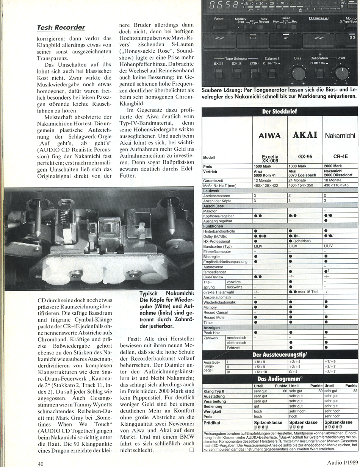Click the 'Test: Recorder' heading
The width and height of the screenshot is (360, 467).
click(61, 27)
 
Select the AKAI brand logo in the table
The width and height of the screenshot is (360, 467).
click(305, 135)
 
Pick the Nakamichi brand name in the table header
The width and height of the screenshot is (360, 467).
click(340, 136)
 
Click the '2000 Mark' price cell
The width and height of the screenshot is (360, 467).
click(333, 166)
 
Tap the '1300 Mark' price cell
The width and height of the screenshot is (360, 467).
click(297, 166)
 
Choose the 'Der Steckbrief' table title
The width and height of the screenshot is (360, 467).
click(280, 111)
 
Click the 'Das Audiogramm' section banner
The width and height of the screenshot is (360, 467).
click(279, 378)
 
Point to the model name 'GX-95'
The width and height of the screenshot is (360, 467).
click(304, 155)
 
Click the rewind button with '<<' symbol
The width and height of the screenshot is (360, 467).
click(220, 38)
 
